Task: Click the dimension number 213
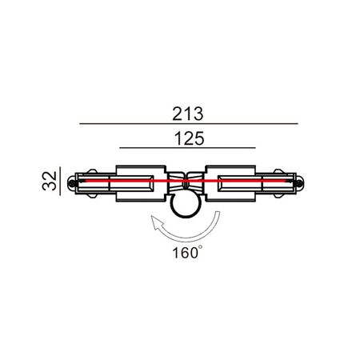coord(188,114)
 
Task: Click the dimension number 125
coord(188,138)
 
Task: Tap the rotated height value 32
coord(50,182)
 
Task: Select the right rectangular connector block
coord(232,183)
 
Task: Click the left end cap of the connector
coord(74,183)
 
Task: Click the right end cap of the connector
coord(299,183)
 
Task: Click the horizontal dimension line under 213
coord(188,124)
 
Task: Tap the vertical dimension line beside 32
coord(61,182)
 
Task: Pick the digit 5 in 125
coord(200,138)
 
